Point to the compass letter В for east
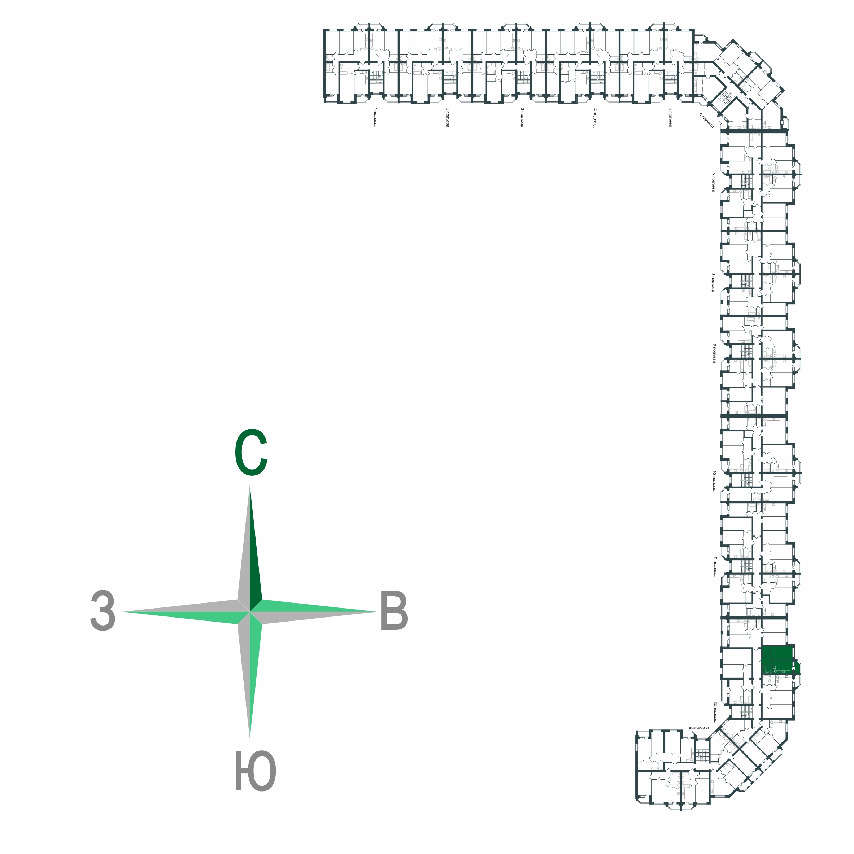click(394, 612)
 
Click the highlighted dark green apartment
click(778, 660)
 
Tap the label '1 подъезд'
click(375, 117)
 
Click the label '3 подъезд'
click(522, 117)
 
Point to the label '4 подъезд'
click(595, 117)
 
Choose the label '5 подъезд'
click(670, 117)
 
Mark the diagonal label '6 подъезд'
click(706, 120)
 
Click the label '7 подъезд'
click(713, 183)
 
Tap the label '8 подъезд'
click(713, 283)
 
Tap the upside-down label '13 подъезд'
click(698, 727)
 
